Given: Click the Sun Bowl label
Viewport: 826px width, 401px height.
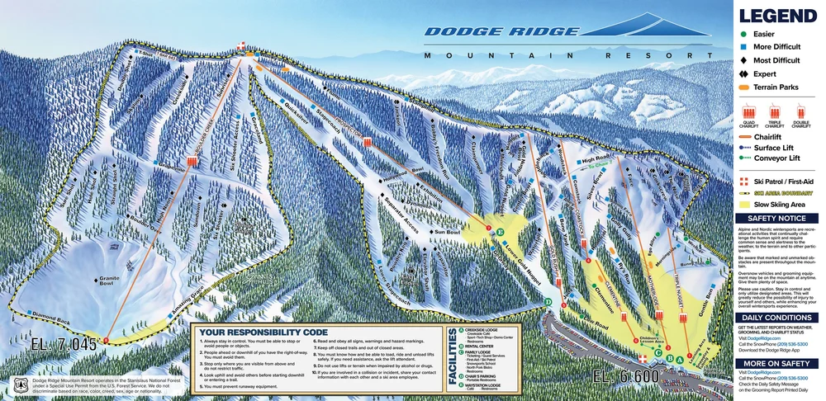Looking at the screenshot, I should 447,233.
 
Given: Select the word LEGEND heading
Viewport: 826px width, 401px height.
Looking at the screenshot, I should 778,16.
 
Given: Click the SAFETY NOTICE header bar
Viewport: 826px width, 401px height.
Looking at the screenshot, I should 779,219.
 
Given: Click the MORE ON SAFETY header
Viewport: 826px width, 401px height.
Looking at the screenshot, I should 779,363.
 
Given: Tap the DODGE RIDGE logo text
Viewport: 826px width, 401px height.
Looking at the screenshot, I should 501,32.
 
